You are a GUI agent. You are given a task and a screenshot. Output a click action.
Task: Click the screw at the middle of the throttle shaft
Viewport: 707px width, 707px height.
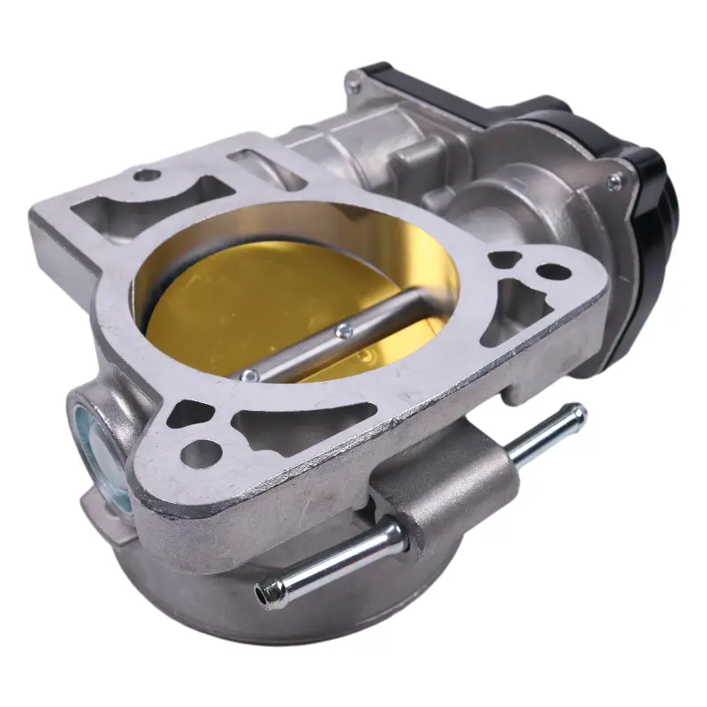(x=344, y=331)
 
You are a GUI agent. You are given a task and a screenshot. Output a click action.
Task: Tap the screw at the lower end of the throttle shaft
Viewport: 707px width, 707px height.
(x=249, y=376)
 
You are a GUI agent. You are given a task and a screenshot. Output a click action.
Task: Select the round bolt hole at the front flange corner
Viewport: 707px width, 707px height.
(x=201, y=452)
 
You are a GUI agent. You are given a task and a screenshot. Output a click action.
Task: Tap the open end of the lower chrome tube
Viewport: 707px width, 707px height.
(x=262, y=596)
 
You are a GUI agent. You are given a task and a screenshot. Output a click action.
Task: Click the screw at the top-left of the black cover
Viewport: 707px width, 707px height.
(x=353, y=86)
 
